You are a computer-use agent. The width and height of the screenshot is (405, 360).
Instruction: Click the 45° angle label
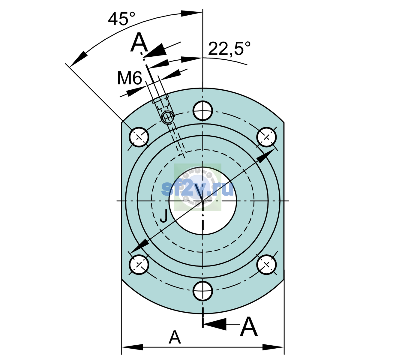pos(121,19)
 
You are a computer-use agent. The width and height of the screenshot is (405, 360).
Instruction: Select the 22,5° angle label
pos(229,49)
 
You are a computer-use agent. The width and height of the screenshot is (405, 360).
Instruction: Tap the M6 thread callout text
pos(130,78)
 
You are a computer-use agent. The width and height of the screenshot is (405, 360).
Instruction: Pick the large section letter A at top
pos(139,42)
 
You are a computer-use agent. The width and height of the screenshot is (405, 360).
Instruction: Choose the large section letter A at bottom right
pos(249,326)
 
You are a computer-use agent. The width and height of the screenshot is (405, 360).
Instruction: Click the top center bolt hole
pos(202,111)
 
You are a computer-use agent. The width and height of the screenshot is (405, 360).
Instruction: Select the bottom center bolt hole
pos(202,291)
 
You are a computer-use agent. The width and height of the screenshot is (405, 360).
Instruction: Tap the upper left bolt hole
pos(139,137)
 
